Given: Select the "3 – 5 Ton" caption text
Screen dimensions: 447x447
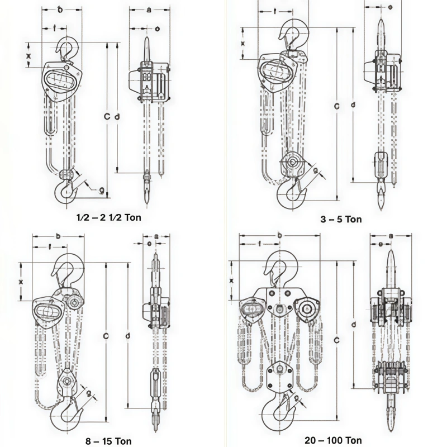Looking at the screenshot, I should [x=341, y=219].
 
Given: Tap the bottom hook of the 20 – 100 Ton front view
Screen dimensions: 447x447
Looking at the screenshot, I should [x=278, y=412].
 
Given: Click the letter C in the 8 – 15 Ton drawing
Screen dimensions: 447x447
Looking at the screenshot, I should [x=106, y=335].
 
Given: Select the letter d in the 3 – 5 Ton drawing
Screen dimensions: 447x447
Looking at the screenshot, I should [x=352, y=104].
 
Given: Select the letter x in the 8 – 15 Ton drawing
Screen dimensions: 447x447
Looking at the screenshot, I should [x=21, y=282].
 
